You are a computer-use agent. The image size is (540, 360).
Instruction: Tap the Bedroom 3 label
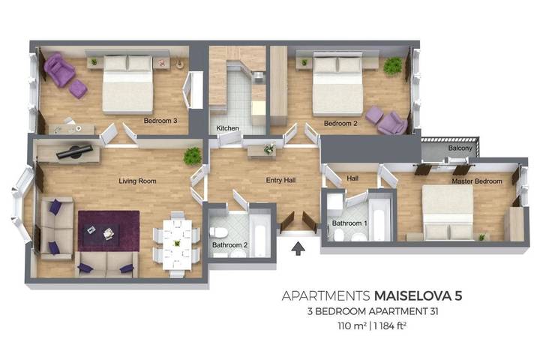[160, 120]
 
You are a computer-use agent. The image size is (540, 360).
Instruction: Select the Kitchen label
[227, 128]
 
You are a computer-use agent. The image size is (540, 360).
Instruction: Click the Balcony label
[460, 148]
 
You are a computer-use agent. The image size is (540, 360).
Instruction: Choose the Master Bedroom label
[476, 181]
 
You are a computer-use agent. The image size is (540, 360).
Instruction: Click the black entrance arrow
[298, 247]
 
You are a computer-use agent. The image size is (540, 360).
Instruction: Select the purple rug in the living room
[109, 229]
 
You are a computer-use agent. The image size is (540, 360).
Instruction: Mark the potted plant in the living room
[193, 156]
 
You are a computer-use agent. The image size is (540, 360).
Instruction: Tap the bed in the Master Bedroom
[448, 211]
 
